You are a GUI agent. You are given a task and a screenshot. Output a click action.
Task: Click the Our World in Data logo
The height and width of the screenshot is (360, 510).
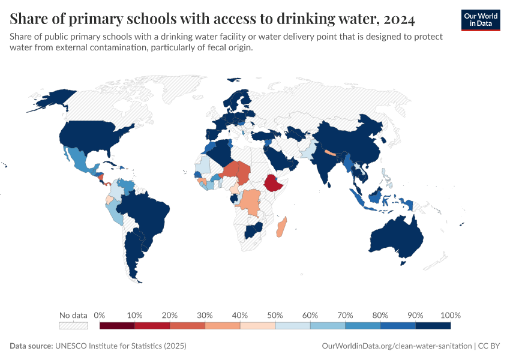pos(480,20)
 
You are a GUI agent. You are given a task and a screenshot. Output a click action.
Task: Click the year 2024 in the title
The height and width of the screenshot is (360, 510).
pos(396,20)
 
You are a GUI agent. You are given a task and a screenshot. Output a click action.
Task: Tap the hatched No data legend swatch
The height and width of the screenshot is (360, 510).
pos(73,326)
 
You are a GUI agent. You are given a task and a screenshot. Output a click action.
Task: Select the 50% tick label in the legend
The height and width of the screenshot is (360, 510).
pos(275,316)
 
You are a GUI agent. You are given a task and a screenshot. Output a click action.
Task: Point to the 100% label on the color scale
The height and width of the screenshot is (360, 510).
pos(450,316)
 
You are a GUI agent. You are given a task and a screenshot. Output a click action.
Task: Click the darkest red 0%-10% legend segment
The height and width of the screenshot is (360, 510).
pos(117,326)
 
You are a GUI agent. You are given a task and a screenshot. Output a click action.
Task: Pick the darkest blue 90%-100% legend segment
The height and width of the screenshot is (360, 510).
pos(433,326)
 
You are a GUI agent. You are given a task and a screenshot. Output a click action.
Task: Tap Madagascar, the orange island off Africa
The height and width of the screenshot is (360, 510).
pos(281,228)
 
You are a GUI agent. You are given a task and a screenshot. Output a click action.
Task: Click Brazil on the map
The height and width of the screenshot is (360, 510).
pos(147,210)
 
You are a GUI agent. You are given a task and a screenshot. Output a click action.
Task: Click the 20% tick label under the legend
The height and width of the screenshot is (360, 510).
pos(170,316)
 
